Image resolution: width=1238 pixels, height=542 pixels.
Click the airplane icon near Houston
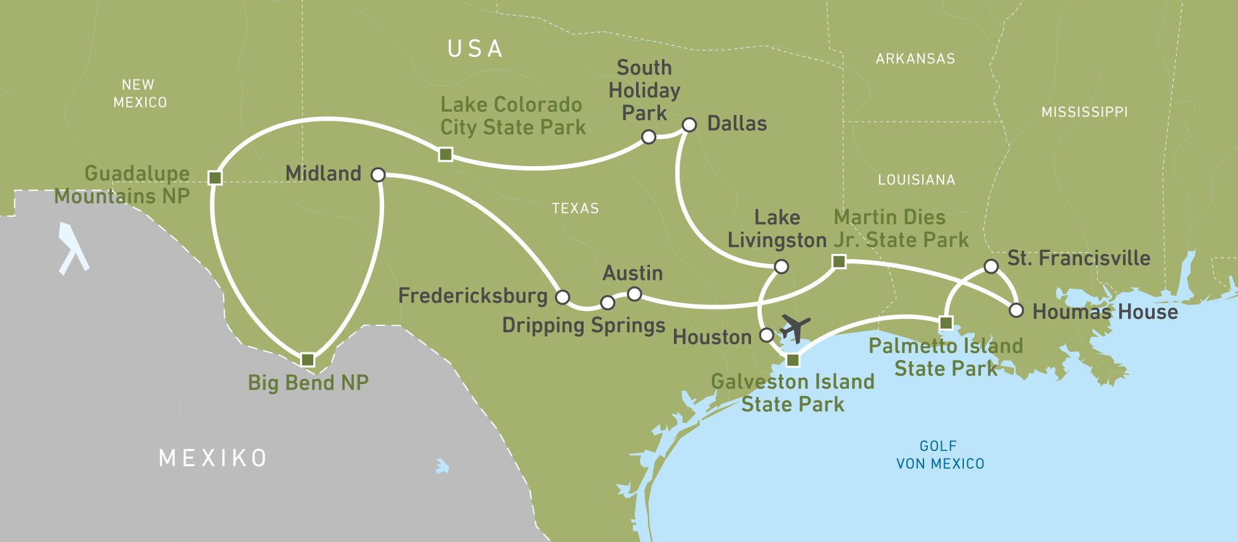795,328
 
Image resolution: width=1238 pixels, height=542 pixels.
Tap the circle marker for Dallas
689,125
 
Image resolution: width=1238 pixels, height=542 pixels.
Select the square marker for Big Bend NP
308,360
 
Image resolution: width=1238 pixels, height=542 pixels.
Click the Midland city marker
378,175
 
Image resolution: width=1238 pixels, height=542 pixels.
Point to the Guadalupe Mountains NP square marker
215,178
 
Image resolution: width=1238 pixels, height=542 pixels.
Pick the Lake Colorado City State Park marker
445,154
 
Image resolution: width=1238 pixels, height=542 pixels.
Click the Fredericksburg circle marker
562,297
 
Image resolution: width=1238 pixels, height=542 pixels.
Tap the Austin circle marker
634,294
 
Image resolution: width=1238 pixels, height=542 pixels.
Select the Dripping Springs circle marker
607,303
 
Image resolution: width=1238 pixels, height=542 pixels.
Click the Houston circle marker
766,335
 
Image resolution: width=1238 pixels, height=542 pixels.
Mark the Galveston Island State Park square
793,360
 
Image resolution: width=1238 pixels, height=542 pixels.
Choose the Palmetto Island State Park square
946,323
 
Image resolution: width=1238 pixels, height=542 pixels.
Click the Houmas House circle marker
1016,310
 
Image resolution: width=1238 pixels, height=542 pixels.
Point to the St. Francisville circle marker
991,267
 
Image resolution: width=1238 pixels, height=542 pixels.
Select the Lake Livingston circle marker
781,267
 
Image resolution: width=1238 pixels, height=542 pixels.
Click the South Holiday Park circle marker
648,137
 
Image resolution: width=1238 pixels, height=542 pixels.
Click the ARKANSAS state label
915,59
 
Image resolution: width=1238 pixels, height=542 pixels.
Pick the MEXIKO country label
213,458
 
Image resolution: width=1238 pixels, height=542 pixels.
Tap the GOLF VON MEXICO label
939,455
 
